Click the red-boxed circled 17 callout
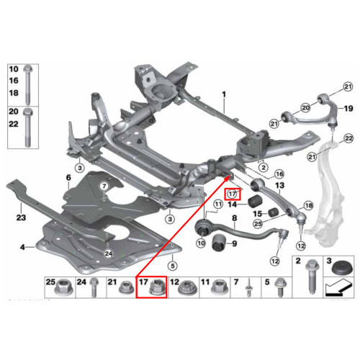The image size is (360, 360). (232, 194)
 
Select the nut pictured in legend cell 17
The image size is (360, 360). (156, 287)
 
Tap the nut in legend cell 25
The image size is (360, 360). (64, 287)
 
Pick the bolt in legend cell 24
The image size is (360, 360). (94, 287)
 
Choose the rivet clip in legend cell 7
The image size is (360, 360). (248, 288)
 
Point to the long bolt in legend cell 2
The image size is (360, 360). (312, 276)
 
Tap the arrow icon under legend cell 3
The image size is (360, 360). (338, 287)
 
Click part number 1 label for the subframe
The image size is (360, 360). (224, 94)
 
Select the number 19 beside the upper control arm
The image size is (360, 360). (348, 109)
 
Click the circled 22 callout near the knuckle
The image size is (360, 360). (348, 138)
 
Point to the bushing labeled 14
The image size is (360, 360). (255, 202)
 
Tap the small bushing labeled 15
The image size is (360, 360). (273, 212)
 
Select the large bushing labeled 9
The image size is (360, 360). (219, 243)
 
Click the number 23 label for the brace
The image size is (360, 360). (21, 217)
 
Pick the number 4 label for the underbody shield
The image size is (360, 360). (22, 247)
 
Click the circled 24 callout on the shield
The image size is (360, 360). (109, 253)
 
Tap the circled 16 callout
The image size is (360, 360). (279, 174)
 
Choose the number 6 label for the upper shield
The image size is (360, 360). (68, 178)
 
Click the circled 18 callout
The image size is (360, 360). (308, 205)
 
